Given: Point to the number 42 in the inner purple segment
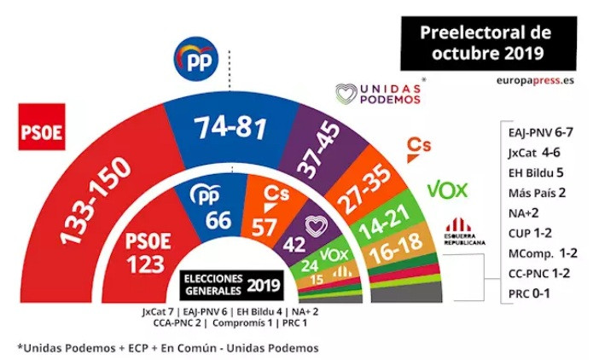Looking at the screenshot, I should pos(295,245).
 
